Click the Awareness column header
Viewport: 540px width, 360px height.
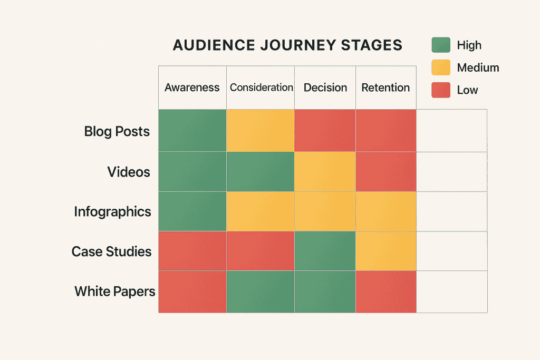(192, 87)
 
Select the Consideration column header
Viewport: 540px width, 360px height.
(261, 87)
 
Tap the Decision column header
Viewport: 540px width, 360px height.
(325, 87)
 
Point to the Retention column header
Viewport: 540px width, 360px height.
(385, 87)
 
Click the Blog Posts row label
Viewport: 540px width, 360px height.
(117, 131)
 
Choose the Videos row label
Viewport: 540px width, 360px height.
(129, 172)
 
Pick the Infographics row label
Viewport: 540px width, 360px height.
(112, 212)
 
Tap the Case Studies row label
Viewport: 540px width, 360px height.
(111, 251)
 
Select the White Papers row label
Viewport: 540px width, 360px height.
(115, 291)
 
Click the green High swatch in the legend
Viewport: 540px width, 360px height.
(441, 45)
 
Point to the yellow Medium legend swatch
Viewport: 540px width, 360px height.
(441, 67)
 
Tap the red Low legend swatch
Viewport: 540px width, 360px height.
(441, 90)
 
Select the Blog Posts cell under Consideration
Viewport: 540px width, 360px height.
(261, 131)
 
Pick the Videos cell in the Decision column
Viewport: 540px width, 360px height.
(325, 172)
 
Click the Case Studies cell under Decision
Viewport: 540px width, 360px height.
(325, 251)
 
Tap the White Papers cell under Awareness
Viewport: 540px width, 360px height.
(192, 291)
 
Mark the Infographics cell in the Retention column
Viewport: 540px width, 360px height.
(386, 211)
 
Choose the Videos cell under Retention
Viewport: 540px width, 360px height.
(386, 172)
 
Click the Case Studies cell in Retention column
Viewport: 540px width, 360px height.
(386, 251)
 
